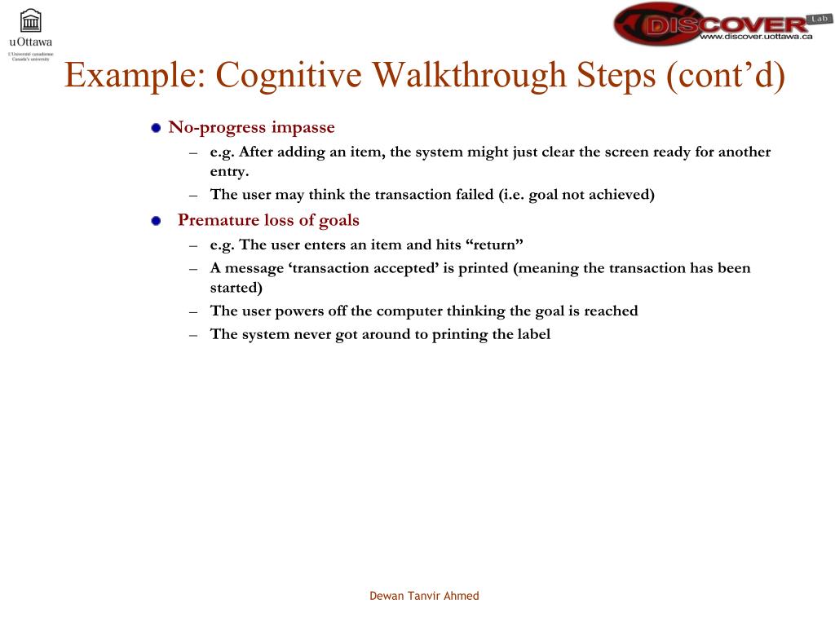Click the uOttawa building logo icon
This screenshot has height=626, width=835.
(x=31, y=20)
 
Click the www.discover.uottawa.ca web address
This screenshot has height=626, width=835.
(x=756, y=37)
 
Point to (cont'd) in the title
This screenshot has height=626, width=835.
(x=725, y=76)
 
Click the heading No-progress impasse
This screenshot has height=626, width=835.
(x=251, y=127)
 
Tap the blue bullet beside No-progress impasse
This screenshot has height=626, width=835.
(x=156, y=128)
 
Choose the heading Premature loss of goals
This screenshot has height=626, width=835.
(x=268, y=220)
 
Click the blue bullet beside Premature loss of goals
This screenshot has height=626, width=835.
(x=156, y=221)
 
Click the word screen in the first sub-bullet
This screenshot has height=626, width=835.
(x=626, y=152)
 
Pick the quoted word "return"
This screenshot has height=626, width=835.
(x=493, y=245)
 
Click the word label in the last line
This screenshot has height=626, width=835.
(x=533, y=333)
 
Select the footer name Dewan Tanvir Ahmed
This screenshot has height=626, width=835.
(x=424, y=596)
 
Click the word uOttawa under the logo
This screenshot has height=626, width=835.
(x=31, y=42)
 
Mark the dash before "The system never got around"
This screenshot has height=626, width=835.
(x=193, y=334)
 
